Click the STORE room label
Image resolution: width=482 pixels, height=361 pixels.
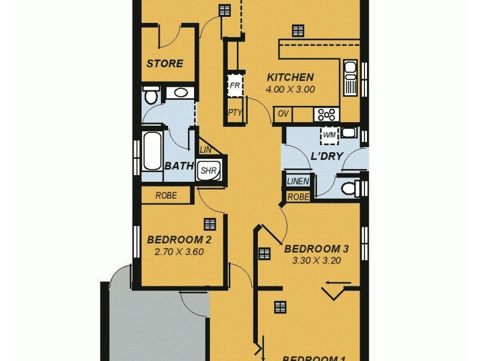coord(164,63)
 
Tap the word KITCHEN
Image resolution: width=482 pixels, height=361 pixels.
coord(290,77)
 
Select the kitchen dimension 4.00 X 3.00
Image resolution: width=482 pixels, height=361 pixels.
coord(290,89)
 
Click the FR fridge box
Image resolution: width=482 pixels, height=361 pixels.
coord(234,85)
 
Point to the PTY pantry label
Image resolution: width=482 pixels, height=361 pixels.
coord(234,113)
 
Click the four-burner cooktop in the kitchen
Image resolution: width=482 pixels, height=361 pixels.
coord(327,114)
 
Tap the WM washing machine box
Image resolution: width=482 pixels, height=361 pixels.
coord(329,135)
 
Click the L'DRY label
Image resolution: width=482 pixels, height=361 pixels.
coord(327,156)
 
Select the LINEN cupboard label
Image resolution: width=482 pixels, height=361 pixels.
coord(298,181)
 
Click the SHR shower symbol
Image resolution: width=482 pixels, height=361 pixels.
coord(208,171)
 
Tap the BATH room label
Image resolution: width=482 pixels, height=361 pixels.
coord(179,165)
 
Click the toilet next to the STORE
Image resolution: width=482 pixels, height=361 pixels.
coord(151,96)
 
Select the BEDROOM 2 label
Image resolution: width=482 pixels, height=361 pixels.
coord(179,239)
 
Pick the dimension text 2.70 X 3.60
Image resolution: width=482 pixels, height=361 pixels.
coord(179,251)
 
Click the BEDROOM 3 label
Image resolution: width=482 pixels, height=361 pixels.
coord(316,248)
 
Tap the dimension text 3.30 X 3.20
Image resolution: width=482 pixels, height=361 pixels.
coord(316,261)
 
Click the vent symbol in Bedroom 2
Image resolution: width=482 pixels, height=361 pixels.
coord(210,224)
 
